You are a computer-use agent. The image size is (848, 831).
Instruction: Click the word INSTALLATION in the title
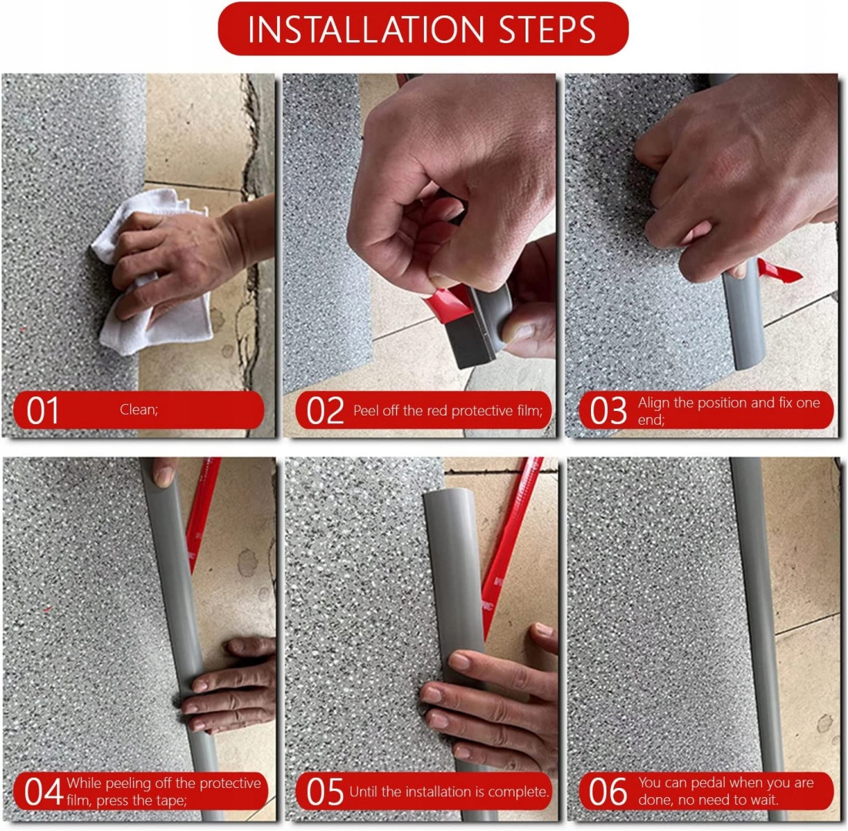[x=366, y=29]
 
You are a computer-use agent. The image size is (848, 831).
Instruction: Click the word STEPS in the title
[x=547, y=29]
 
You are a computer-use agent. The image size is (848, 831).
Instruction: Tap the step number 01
[x=42, y=411]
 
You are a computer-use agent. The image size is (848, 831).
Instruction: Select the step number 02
[x=325, y=411]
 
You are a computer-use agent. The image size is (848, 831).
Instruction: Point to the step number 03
[x=608, y=411]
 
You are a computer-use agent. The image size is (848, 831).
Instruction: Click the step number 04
[x=43, y=792]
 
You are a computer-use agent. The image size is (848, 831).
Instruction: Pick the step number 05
[x=325, y=792]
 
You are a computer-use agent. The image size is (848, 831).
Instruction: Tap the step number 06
[x=608, y=792]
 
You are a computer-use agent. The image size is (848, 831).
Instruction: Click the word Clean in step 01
[x=138, y=409]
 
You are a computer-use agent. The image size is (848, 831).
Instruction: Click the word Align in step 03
[x=654, y=403]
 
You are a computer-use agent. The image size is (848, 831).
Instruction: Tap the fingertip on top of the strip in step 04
[x=165, y=473]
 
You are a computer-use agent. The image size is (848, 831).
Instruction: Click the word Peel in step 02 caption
[x=366, y=410]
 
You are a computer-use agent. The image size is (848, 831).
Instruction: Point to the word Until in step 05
[x=363, y=792]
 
